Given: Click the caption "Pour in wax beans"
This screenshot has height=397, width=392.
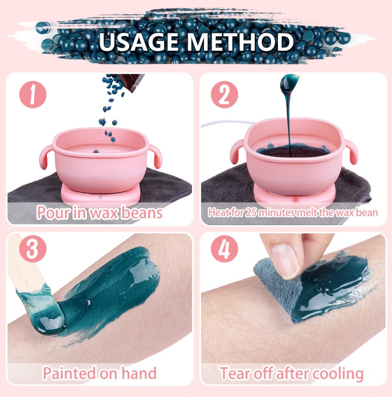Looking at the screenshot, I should tap(100, 212).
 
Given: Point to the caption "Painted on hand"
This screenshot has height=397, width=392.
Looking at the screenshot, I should tap(100, 373).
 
